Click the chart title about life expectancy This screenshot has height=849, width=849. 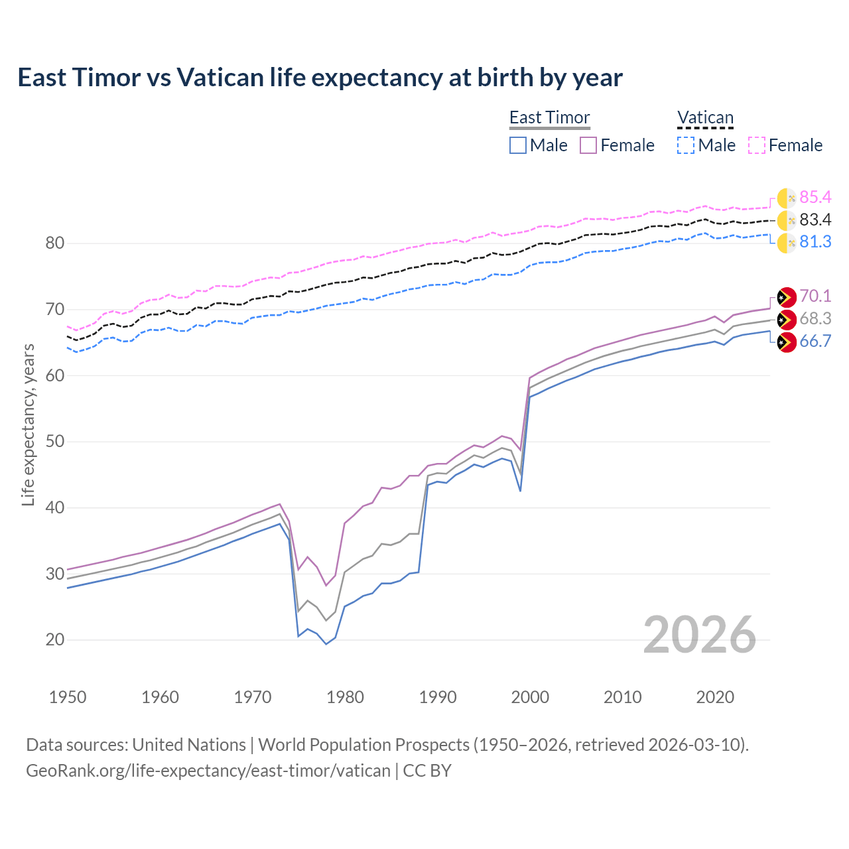320,78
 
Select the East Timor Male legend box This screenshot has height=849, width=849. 518,145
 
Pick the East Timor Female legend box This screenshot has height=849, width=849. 589,145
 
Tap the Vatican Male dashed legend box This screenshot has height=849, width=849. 686,145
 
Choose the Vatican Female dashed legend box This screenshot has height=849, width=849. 757,145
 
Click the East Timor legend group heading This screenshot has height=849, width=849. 549,117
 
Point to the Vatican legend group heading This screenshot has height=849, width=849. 705,117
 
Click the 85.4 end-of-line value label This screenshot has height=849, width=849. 815,197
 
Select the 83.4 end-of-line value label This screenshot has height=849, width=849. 815,220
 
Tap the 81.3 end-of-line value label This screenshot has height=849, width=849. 815,241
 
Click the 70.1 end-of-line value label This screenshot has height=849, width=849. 815,296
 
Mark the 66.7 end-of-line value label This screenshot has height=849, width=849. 815,341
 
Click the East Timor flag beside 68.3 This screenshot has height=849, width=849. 786,319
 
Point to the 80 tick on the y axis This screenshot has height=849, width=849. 55,243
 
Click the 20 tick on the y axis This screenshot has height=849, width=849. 55,640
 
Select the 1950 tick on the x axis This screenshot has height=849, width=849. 68,697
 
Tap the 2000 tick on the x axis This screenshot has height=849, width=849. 530,697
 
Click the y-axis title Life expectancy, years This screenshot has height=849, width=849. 28,424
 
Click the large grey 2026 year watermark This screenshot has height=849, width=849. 699,635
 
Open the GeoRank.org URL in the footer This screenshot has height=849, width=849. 208,771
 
